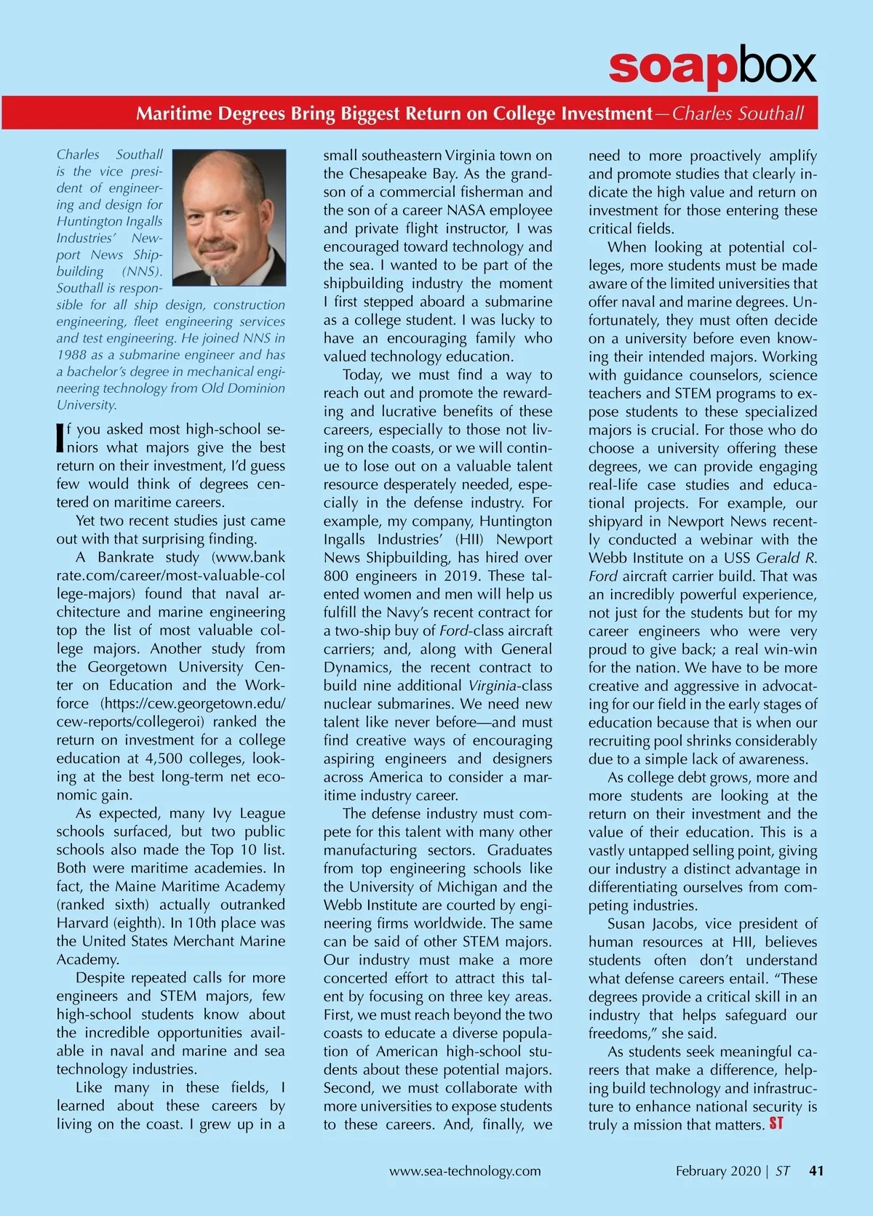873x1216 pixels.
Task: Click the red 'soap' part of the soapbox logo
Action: click(670, 66)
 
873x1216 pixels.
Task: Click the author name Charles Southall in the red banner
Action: click(738, 113)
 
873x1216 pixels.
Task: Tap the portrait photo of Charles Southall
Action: click(230, 217)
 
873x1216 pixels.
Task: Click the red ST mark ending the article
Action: click(776, 1124)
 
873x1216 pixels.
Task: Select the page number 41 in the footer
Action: click(816, 1171)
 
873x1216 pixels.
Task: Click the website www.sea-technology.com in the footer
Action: click(465, 1171)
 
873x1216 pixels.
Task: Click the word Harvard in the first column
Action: click(83, 923)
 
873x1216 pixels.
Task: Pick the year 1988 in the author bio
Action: click(71, 355)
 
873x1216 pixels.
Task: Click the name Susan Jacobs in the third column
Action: click(653, 924)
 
